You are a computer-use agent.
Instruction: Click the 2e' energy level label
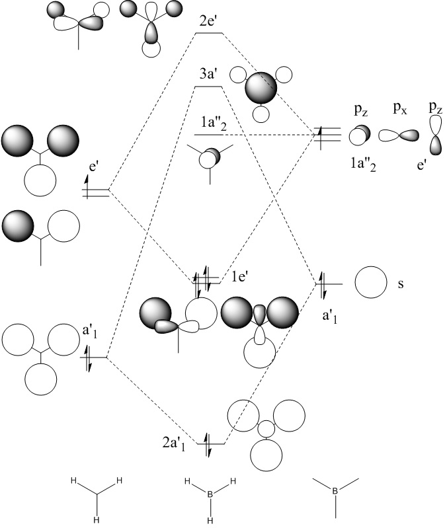(x=210, y=21)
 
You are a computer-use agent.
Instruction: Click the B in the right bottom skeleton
(x=335, y=490)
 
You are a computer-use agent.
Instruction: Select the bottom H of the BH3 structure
(x=210, y=519)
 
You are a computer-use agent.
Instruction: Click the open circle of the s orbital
(x=370, y=283)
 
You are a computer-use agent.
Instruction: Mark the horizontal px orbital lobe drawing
(x=399, y=135)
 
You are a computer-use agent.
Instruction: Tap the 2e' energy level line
(x=210, y=34)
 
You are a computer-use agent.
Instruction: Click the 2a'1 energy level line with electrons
(x=211, y=443)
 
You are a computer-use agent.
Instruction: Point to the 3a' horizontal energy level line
(x=210, y=87)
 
